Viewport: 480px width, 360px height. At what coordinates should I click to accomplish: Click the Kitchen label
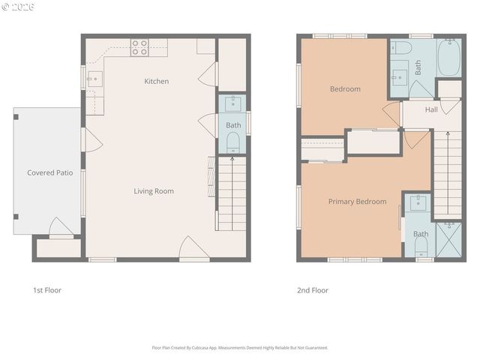[x=157, y=81]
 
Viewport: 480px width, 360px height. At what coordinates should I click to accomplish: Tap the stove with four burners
[x=139, y=47]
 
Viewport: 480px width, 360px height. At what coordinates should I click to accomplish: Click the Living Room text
[x=154, y=191]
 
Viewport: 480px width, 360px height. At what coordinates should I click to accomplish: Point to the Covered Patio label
[x=50, y=172]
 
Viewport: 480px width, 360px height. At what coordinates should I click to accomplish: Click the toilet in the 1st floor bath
[x=232, y=140]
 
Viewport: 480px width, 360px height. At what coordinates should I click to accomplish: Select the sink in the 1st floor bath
[x=232, y=103]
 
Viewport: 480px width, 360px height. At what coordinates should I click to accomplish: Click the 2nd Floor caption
[x=313, y=290]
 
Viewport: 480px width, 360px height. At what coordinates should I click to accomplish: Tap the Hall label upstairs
[x=431, y=109]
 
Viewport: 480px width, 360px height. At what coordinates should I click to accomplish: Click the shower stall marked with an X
[x=448, y=239]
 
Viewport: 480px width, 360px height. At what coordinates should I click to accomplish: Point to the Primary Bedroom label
[x=357, y=201]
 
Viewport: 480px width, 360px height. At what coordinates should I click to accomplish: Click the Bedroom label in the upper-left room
[x=345, y=88]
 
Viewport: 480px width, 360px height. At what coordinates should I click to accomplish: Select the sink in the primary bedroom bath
[x=418, y=202]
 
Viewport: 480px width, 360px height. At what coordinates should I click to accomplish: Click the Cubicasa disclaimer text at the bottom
[x=240, y=348]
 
